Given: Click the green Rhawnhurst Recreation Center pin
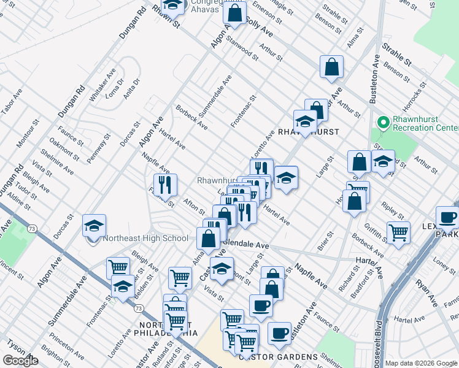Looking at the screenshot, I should tap(384, 123).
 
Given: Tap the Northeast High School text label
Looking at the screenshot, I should tap(145, 239).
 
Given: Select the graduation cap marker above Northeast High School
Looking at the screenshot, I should tap(94, 225).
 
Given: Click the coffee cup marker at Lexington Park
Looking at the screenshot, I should tap(447, 217).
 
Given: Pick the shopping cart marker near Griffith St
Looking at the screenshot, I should tap(398, 233).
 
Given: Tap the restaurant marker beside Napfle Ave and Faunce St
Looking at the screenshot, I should tap(165, 184).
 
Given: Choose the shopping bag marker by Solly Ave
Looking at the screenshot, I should tap(234, 12).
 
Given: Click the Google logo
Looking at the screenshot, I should tap(20, 361).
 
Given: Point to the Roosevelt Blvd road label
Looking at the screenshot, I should tap(379, 340).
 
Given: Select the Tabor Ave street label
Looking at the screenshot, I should tap(11, 101).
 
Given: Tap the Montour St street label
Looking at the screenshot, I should tap(27, 134).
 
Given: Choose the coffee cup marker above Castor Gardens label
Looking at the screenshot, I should tap(279, 333).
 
